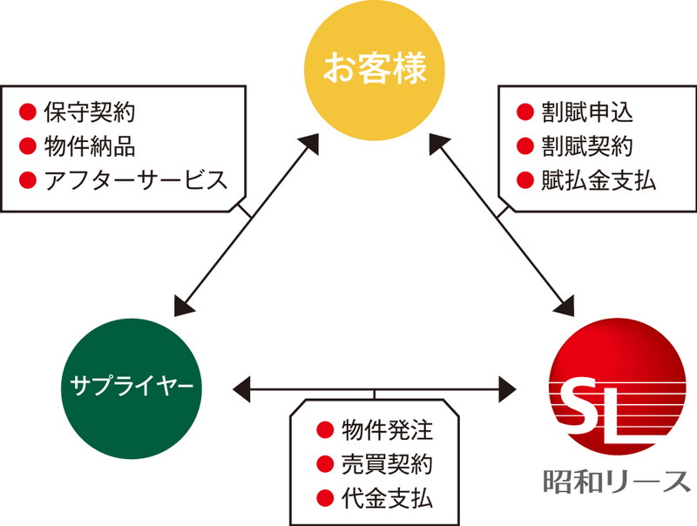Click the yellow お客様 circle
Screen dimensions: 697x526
point(375,71)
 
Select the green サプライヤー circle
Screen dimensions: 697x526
point(132,388)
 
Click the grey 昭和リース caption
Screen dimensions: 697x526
point(616,481)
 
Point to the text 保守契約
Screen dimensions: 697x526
point(90,112)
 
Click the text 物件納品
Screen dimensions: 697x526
point(90,146)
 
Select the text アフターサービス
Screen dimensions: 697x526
point(136,180)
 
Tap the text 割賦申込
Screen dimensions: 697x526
point(587,112)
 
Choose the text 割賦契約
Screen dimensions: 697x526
point(587,146)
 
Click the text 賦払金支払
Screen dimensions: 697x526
point(599,180)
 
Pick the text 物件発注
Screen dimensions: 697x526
point(387,429)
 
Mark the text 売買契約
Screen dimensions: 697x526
point(387,464)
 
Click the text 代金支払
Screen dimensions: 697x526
point(387,498)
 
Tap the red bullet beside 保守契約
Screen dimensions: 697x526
point(28,112)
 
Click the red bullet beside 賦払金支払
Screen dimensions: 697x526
point(525,180)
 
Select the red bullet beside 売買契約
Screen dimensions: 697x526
point(325,464)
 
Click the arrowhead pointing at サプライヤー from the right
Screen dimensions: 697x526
point(241,389)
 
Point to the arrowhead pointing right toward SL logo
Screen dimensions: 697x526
point(508,389)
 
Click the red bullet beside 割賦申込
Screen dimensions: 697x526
point(525,112)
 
